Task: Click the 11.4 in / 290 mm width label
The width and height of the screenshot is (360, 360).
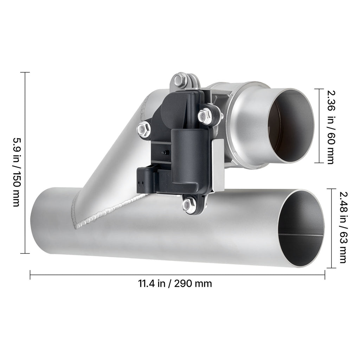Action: pos(175,283)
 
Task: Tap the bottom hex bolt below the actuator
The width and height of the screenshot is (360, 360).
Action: pos(189,205)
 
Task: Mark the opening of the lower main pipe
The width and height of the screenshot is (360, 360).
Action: pos(301,229)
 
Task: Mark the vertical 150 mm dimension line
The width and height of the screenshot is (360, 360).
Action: pos(25,162)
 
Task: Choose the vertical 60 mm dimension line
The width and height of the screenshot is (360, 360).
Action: pos(319,126)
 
